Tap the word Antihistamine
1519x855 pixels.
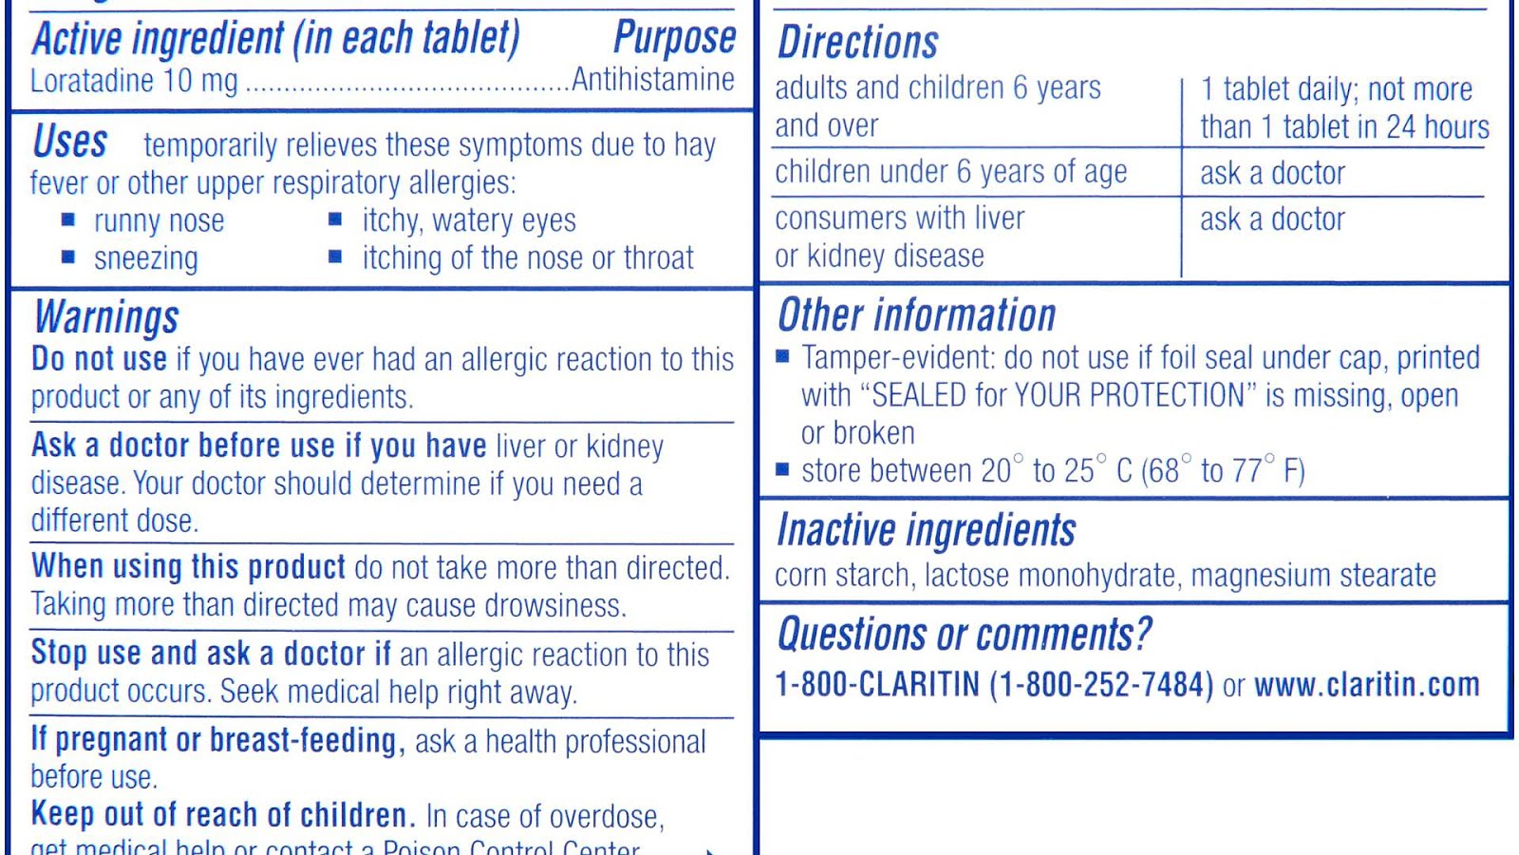click(653, 80)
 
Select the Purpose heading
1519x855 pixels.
click(674, 38)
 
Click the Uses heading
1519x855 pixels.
click(70, 142)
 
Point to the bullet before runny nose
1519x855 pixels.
click(68, 219)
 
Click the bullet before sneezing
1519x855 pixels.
click(68, 256)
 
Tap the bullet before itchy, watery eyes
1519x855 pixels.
click(335, 219)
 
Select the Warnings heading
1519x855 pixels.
click(106, 318)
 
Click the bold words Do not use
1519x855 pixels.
click(99, 359)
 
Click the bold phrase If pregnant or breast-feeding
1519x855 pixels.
click(214, 740)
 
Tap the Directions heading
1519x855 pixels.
click(857, 43)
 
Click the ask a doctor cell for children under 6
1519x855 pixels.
click(1272, 173)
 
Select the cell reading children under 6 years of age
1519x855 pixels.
click(950, 172)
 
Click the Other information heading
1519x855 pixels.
click(916, 315)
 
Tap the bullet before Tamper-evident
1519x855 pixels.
click(782, 357)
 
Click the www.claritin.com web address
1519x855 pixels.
click(1366, 685)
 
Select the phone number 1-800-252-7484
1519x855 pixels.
click(1101, 685)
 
